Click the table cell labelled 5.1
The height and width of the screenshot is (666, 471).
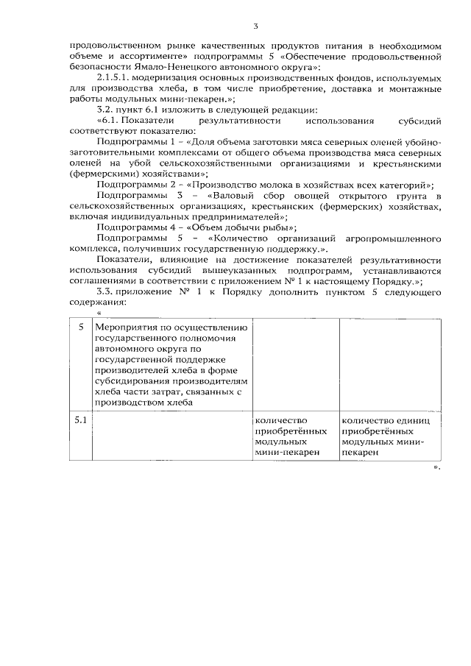click(80, 420)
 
